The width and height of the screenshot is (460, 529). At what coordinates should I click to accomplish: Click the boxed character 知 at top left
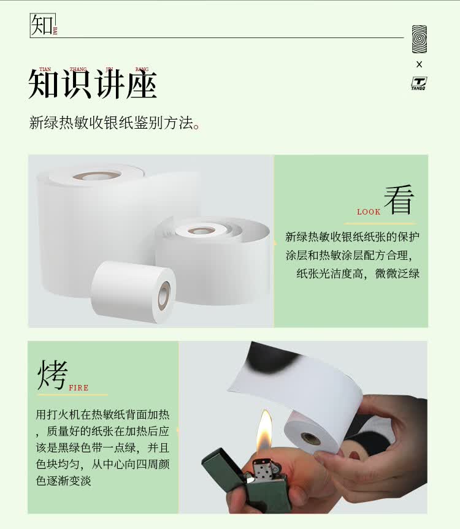coord(42,25)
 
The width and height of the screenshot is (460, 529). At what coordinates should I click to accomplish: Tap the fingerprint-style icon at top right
coord(420,39)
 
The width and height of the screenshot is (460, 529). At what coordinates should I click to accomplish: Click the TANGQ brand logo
coord(419,83)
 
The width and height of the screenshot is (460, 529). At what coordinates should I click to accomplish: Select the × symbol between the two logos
coord(420,64)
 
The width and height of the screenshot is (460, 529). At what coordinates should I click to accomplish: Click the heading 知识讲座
coord(93,85)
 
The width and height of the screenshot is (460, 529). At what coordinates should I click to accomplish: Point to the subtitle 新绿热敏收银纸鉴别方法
coord(115,123)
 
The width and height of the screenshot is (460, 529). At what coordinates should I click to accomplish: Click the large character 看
coord(399,200)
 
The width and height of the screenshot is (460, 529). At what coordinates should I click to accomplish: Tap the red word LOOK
coord(369,212)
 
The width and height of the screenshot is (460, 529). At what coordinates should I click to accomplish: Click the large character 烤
coord(52,375)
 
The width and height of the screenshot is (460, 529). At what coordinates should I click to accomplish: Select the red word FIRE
coord(79,388)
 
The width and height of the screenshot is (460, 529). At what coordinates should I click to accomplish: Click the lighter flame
coord(264,432)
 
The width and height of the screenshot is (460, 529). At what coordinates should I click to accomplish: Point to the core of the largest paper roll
coord(97,176)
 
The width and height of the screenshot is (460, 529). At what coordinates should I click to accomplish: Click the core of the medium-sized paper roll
coord(201,231)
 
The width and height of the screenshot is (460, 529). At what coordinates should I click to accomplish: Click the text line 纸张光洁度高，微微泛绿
coord(358,273)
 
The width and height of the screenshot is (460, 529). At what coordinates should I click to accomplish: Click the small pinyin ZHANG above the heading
coord(79,70)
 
